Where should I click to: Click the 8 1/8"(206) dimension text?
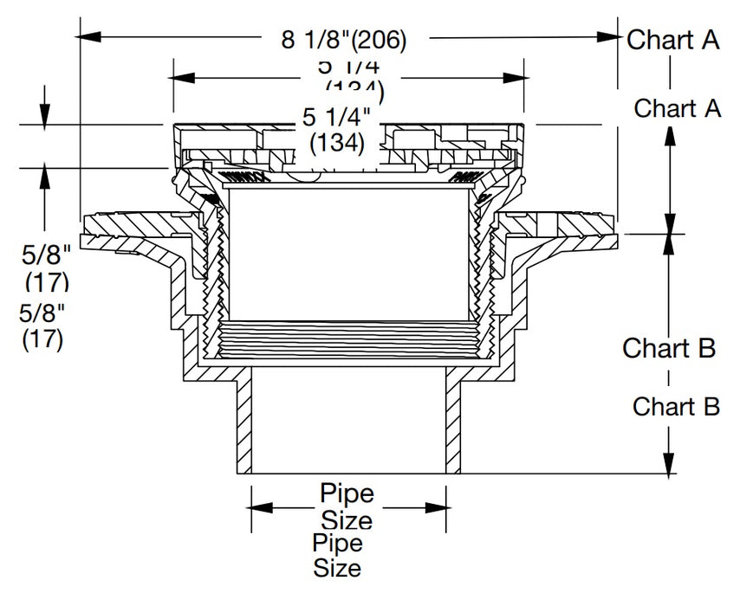pyautogui.click(x=344, y=39)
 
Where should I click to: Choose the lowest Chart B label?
pyautogui.click(x=676, y=406)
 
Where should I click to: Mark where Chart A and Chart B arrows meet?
pyautogui.click(x=669, y=233)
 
